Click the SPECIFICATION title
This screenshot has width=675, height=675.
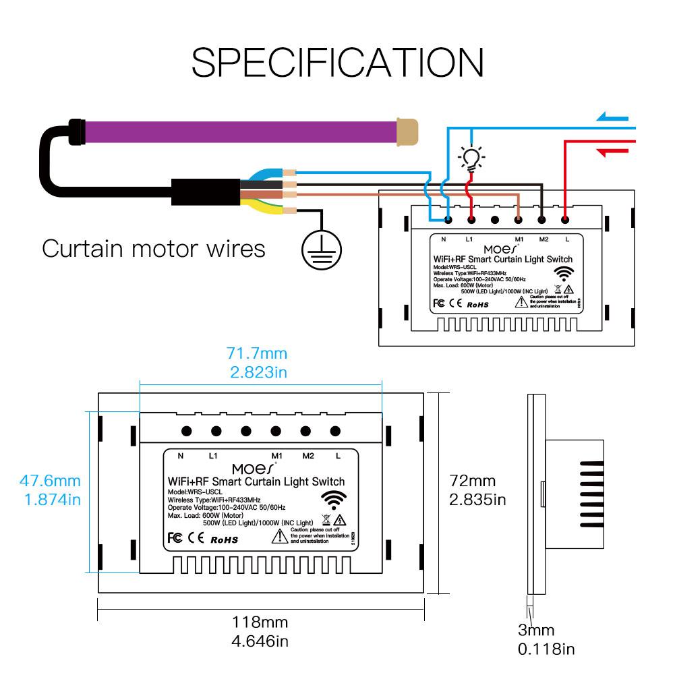tap(337, 63)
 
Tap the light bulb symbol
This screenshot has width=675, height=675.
tap(471, 158)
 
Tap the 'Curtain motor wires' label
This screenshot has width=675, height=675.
tap(154, 248)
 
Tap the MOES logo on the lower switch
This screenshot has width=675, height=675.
tap(254, 467)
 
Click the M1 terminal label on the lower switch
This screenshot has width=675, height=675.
tap(276, 456)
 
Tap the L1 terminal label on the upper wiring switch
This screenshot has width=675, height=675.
tap(471, 239)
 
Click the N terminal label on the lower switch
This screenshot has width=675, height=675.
tap(180, 456)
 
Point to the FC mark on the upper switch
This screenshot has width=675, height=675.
tap(438, 303)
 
